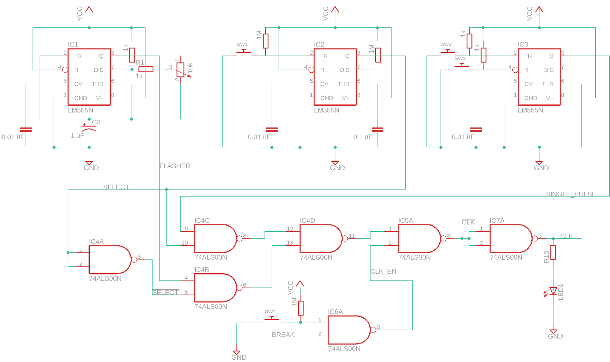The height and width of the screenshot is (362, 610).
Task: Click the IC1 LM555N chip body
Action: [89, 77]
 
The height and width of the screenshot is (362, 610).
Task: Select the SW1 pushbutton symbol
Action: [244, 52]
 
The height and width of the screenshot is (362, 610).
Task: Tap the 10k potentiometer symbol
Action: [180, 70]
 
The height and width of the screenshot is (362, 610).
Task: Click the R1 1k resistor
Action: [146, 69]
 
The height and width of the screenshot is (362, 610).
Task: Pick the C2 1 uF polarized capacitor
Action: [89, 128]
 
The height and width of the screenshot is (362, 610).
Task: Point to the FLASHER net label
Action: [175, 166]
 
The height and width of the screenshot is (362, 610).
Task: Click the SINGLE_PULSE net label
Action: [571, 194]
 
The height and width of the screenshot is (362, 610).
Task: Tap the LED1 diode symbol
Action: [553, 291]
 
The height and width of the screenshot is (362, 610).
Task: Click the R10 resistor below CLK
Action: [553, 252]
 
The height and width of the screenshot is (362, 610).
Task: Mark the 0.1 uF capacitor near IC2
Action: [377, 129]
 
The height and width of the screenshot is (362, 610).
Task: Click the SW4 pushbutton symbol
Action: [272, 319]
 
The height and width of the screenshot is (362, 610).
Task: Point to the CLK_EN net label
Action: [383, 271]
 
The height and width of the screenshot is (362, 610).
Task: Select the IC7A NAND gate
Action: [510, 238]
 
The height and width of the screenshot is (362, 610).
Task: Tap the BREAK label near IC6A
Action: [283, 335]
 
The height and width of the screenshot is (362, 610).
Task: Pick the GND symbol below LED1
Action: [553, 332]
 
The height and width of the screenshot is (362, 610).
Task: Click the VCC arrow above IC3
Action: [539, 10]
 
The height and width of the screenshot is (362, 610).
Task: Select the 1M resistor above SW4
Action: [301, 308]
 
